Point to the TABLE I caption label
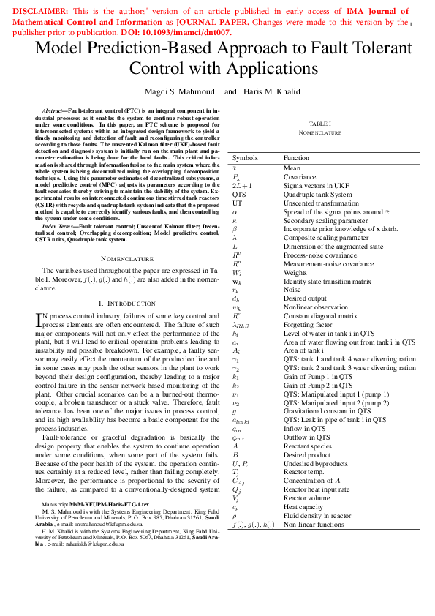319,124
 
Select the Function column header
296,158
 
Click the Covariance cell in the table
300,177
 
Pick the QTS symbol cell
239,195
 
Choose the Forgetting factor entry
305,324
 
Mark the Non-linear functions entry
314,524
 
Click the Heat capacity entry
300,506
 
